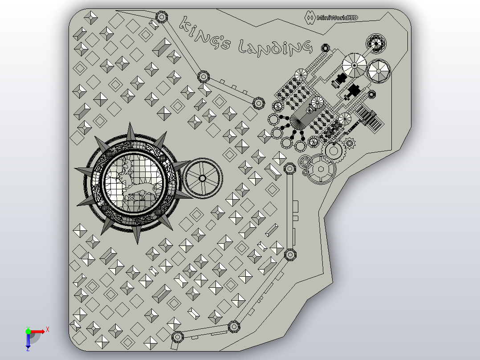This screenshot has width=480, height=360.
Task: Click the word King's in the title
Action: [x=204, y=33]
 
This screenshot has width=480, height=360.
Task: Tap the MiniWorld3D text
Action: [x=337, y=18]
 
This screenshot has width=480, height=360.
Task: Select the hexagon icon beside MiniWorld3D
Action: [x=310, y=17]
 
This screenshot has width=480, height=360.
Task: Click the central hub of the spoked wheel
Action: [x=202, y=178]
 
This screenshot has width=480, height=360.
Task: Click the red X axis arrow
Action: [x=37, y=332]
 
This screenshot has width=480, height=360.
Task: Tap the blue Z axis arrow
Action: [x=28, y=341]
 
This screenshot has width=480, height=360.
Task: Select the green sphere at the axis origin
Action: [x=28, y=331]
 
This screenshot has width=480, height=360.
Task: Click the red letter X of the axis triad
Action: [x=48, y=330]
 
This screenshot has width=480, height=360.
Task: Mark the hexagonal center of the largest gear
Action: [x=321, y=169]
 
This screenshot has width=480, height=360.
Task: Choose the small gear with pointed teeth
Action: [x=350, y=143]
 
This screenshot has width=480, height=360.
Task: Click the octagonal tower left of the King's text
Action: [x=162, y=17]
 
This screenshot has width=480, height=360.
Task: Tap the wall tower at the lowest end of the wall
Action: [x=177, y=337]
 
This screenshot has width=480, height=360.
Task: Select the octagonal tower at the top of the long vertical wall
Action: [x=289, y=168]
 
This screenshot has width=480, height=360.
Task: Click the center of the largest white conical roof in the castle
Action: [x=354, y=65]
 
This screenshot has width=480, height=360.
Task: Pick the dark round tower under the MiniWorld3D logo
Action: [x=376, y=44]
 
